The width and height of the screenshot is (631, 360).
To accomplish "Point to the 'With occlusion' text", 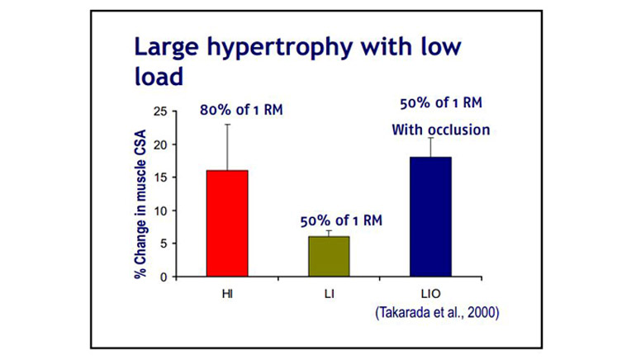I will point(429,129).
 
